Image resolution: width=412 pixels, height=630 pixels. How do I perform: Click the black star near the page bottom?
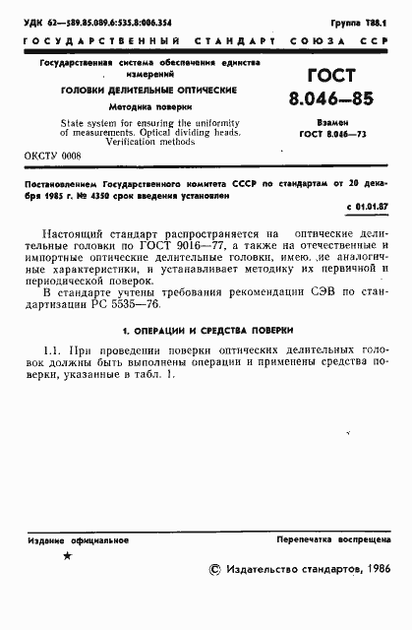pos(67,556)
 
